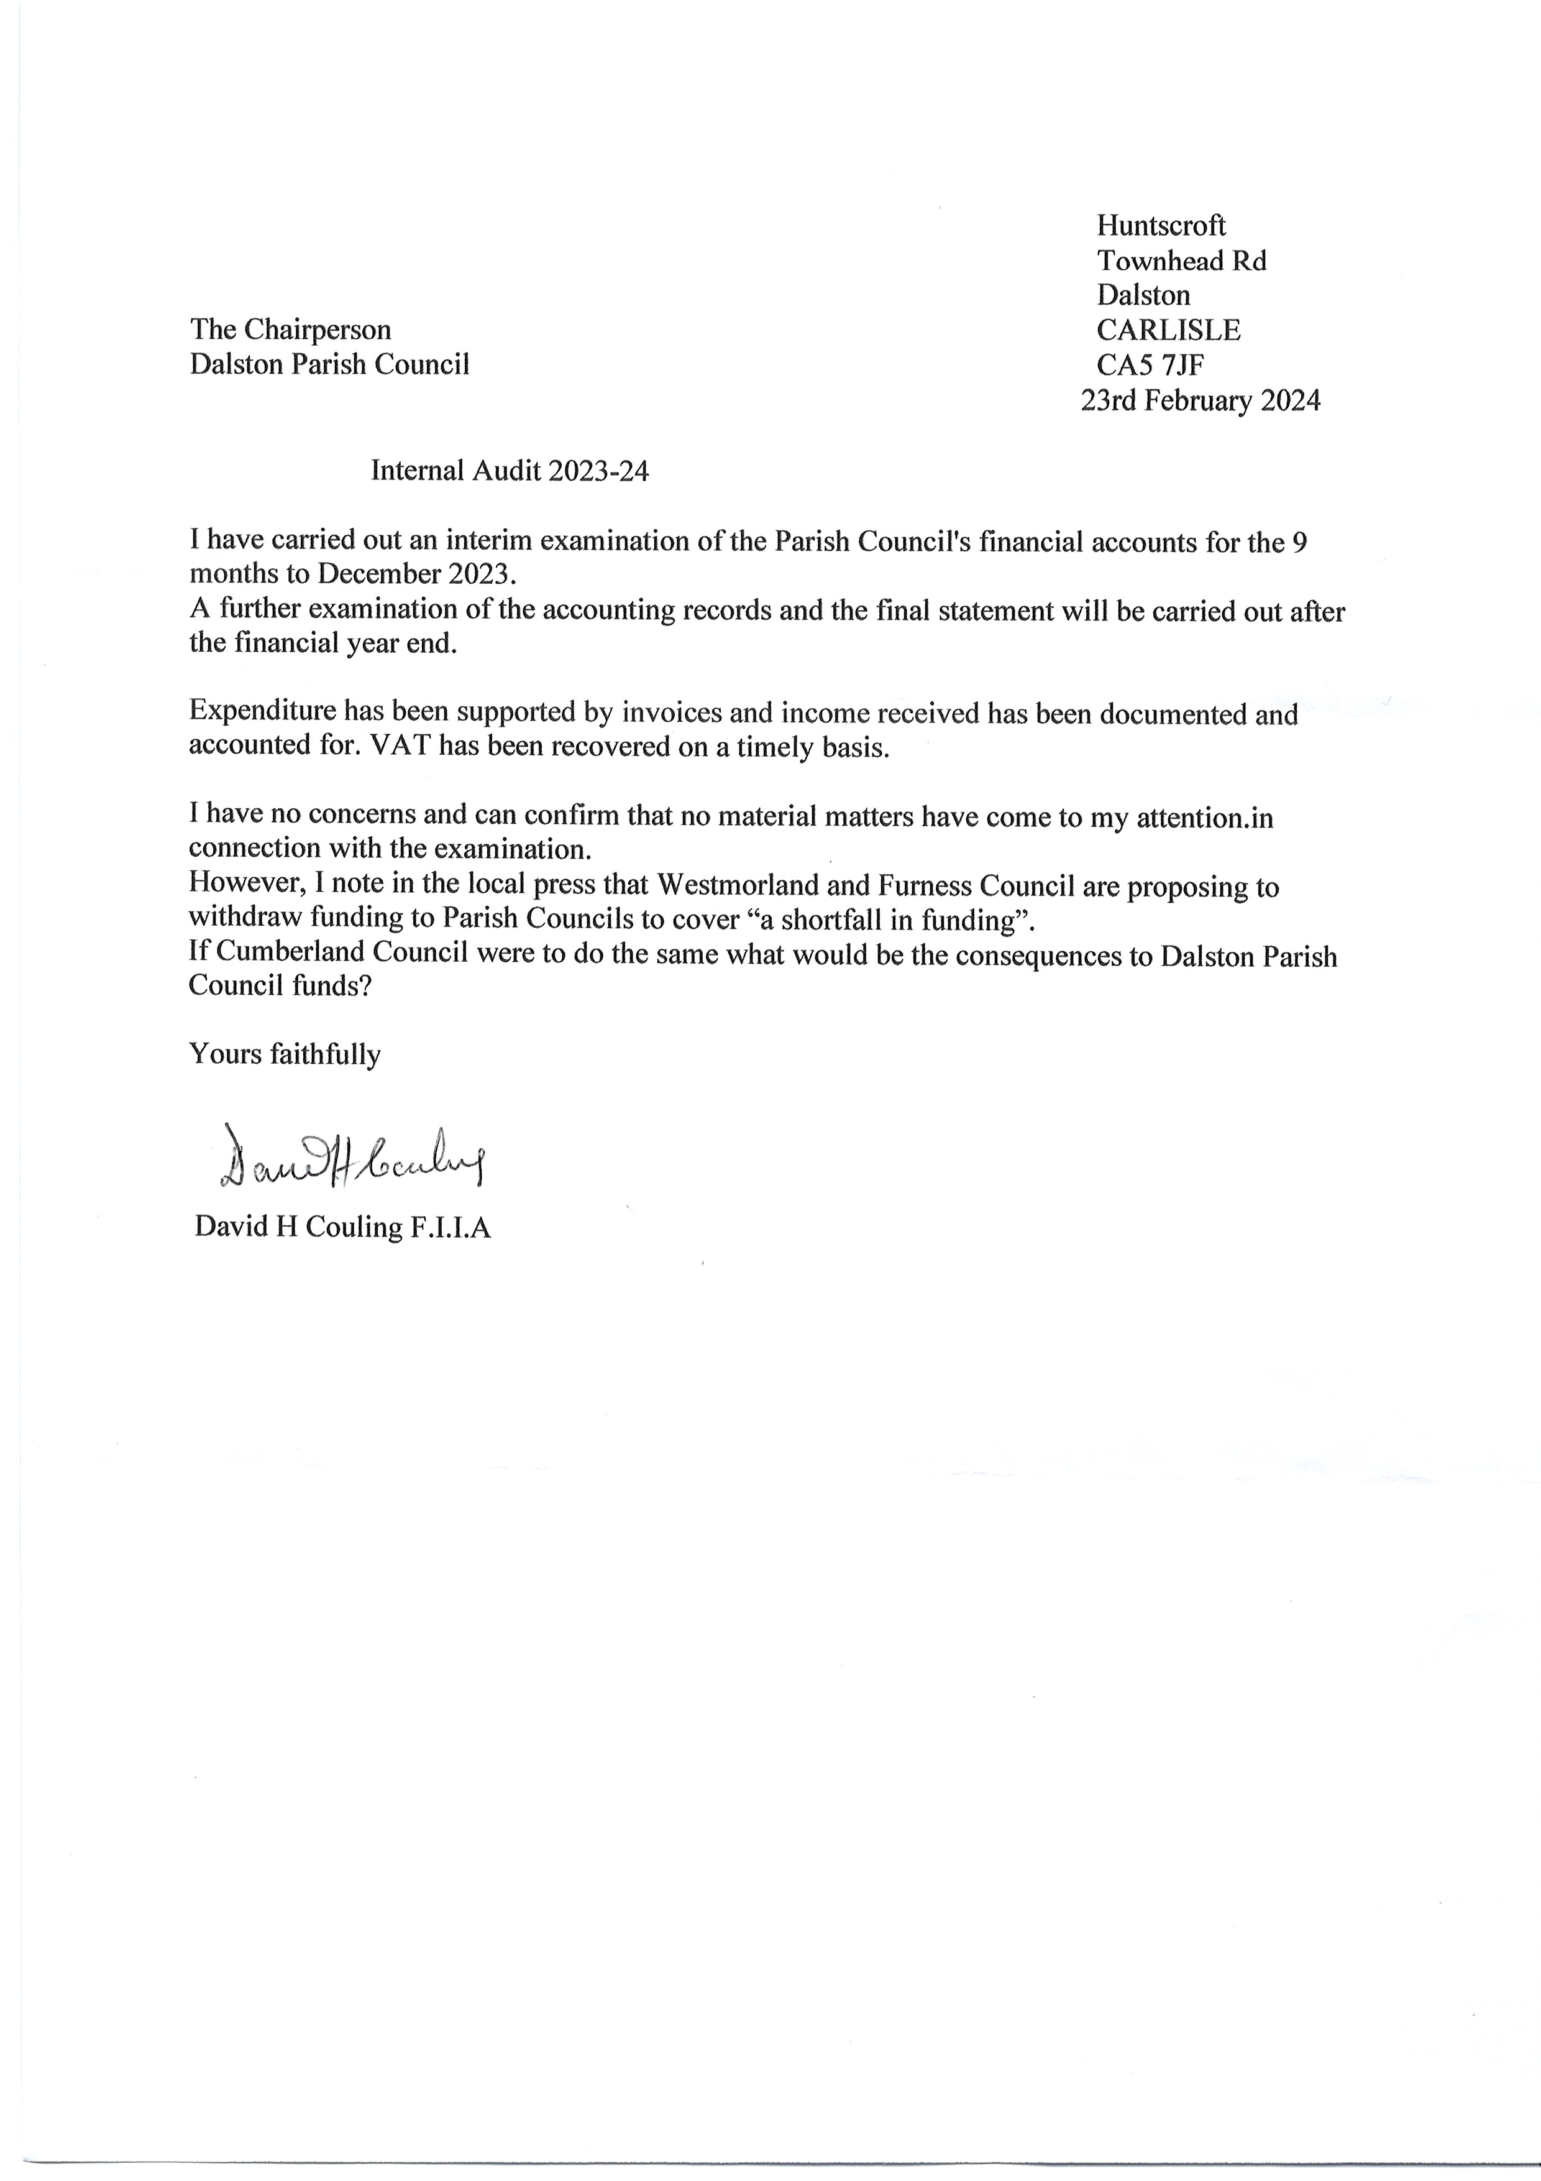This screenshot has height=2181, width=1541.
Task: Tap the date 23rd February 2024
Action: [1200, 401]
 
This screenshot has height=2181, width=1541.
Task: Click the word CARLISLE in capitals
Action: [1168, 330]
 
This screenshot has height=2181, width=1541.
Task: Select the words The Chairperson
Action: [291, 330]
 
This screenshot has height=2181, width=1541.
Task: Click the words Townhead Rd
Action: [1181, 261]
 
